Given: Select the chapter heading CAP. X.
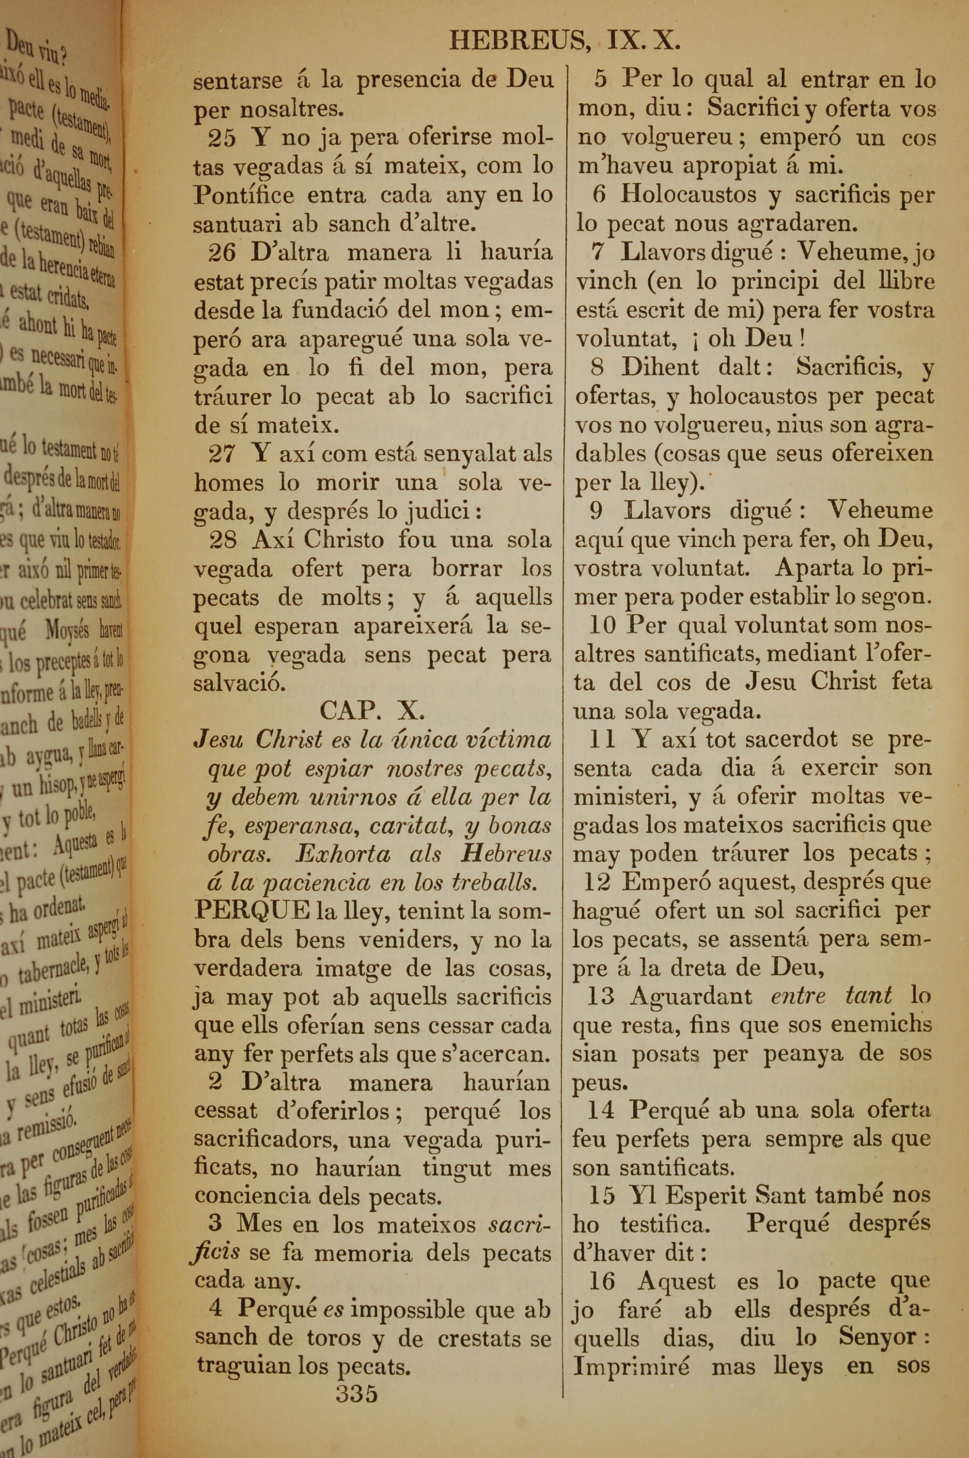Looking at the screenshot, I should pyautogui.click(x=372, y=710).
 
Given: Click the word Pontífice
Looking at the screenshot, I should pyautogui.click(x=244, y=195).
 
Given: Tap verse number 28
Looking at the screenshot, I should pyautogui.click(x=223, y=540).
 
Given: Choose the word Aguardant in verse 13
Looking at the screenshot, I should pyautogui.click(x=690, y=996).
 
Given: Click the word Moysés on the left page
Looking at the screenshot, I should pyautogui.click(x=67, y=631).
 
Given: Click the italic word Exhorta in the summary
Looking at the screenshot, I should pyautogui.click(x=343, y=854).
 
